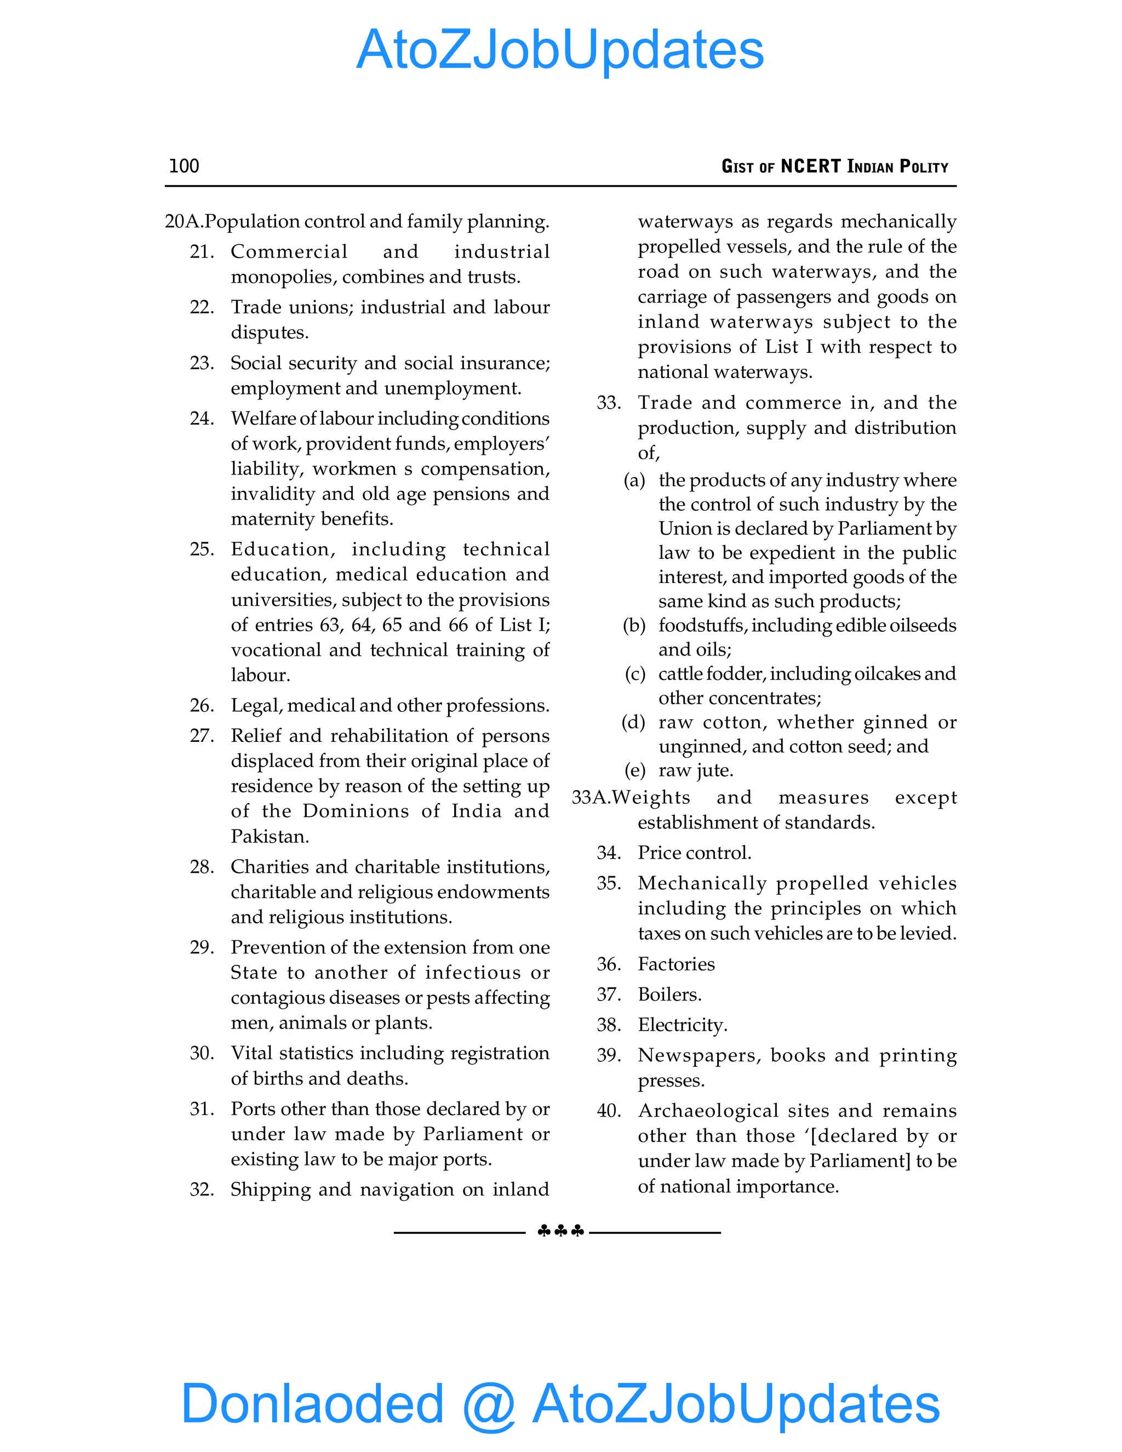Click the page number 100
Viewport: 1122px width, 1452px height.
tap(184, 165)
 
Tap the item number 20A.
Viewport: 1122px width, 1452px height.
tap(184, 221)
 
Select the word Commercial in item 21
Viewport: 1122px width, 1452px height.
tap(289, 252)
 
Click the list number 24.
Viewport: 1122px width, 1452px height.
tap(202, 419)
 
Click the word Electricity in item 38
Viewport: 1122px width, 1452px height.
tap(682, 1025)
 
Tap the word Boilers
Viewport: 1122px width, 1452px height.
tap(669, 994)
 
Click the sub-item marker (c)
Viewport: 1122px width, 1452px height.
tap(635, 674)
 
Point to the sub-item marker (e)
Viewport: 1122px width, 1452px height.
tap(635, 770)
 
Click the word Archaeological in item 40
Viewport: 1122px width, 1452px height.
tap(708, 1111)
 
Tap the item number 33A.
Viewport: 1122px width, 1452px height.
tap(591, 798)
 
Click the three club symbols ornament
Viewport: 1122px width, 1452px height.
tap(560, 1231)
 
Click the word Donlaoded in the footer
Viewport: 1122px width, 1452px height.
tap(312, 1403)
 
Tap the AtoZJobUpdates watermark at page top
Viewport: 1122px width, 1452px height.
tap(560, 50)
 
